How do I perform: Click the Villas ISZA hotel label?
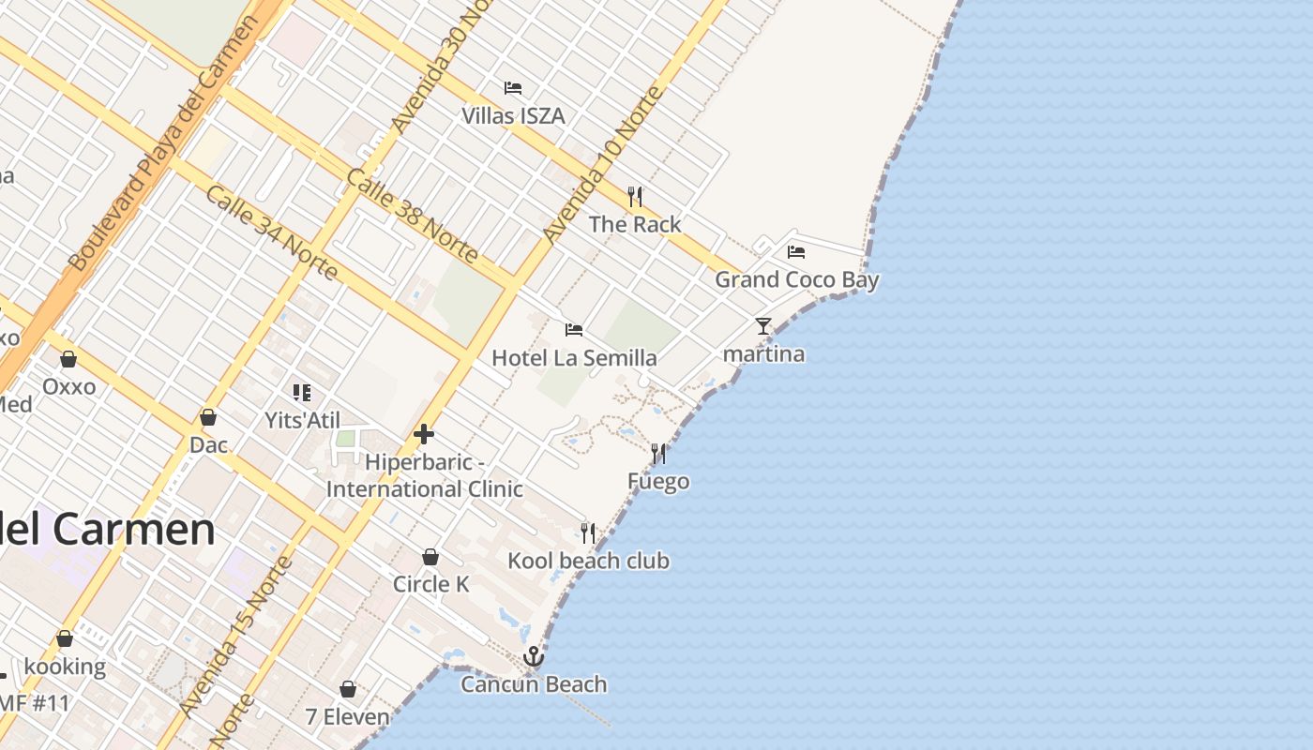513,115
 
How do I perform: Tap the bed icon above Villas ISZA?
513,88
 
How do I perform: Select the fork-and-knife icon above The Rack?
635,197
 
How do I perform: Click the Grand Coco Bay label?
797,279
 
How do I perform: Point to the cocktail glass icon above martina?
763,326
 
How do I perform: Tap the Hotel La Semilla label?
574,358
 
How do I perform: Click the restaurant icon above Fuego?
658,454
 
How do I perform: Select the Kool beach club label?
588,561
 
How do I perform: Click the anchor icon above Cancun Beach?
534,656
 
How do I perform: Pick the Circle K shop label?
430,584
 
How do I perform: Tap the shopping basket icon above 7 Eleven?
348,690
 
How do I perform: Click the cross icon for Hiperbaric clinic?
424,434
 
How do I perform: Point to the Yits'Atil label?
302,420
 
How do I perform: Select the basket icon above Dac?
208,417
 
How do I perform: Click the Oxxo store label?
68,386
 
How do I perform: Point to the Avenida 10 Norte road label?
603,165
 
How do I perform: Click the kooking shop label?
65,667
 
